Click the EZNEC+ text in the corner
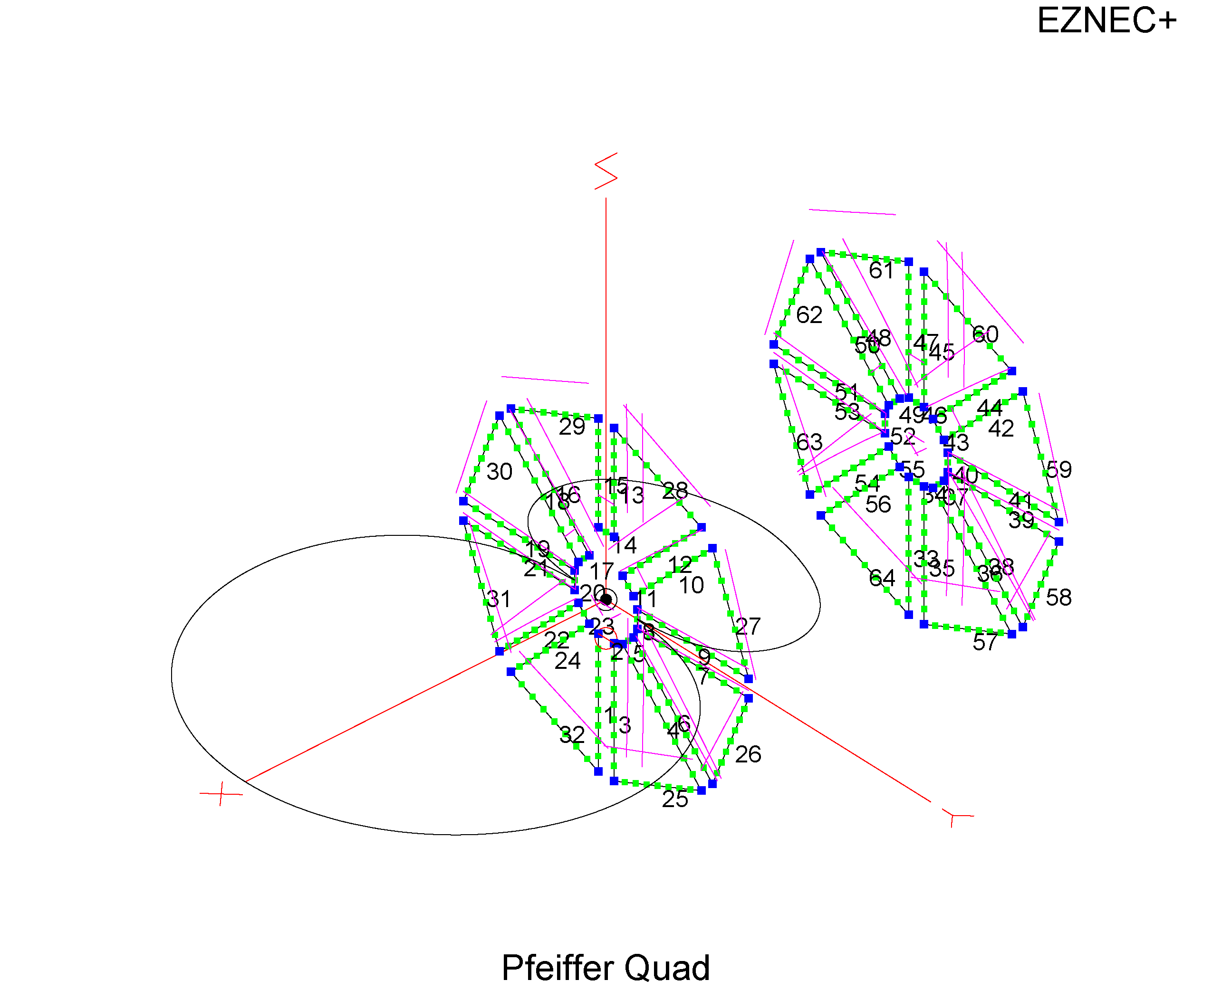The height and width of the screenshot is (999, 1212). [x=1106, y=21]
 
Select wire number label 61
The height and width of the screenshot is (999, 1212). [x=881, y=270]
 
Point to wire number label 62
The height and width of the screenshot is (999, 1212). [x=809, y=315]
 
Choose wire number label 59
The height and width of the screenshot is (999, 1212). [x=1058, y=470]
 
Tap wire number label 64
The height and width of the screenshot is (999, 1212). [x=882, y=578]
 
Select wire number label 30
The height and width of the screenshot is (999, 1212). [x=499, y=472]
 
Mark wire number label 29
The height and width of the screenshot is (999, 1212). [x=572, y=427]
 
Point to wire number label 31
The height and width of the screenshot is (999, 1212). [x=499, y=599]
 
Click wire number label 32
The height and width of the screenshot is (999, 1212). [x=572, y=735]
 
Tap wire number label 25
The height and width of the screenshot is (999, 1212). [x=675, y=799]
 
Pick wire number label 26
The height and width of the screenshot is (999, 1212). [x=748, y=754]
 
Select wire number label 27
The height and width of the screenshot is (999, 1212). [x=748, y=626]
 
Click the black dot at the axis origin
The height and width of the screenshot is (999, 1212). [x=606, y=599]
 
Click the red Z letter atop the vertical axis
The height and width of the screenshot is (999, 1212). [x=606, y=171]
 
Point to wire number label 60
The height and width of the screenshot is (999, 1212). [x=985, y=334]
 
